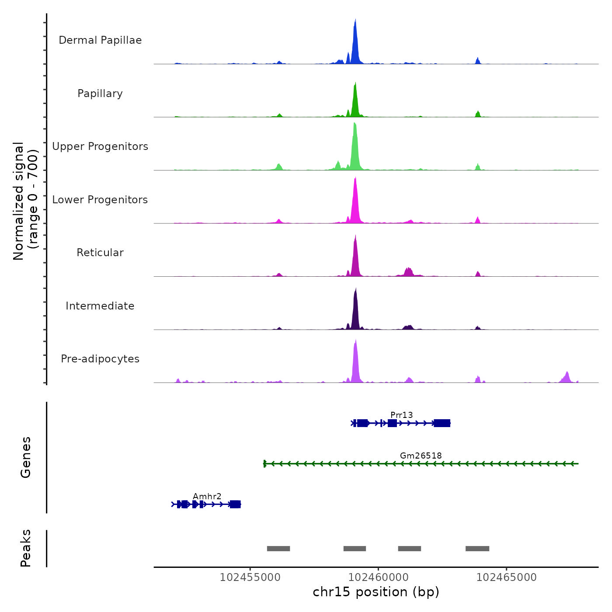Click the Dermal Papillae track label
(100, 40)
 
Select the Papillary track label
(100, 94)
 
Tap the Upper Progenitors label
(100, 146)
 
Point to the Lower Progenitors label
(100, 200)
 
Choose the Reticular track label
(100, 253)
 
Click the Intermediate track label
(100, 306)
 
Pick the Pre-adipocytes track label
(100, 359)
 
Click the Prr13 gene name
(401, 415)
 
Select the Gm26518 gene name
(421, 456)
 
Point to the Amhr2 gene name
(207, 496)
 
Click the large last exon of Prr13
(442, 423)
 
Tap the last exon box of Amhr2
(235, 504)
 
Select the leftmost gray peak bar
(278, 549)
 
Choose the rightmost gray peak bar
(477, 549)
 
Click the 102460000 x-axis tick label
(378, 577)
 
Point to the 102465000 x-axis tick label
(506, 577)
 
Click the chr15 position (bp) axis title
(376, 592)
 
